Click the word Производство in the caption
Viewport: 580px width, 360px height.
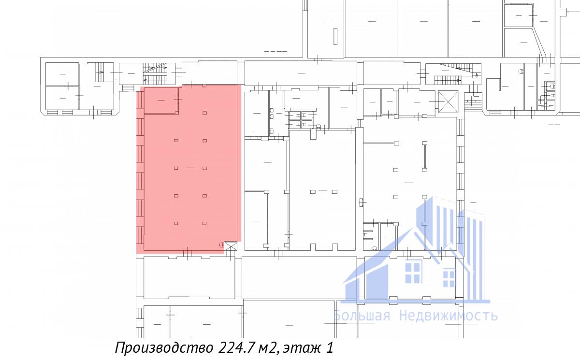click(x=164, y=347)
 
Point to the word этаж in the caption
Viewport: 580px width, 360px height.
click(x=301, y=348)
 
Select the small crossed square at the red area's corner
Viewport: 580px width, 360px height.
click(x=231, y=246)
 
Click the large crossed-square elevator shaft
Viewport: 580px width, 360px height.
click(x=448, y=101)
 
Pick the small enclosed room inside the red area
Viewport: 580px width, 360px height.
click(x=161, y=101)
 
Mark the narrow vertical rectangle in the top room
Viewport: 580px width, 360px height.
click(x=335, y=36)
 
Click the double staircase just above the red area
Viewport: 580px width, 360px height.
click(x=155, y=73)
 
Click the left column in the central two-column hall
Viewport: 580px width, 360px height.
click(x=313, y=192)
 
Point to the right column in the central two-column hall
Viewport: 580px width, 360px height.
click(x=334, y=192)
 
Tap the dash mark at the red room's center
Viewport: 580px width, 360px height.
click(x=191, y=168)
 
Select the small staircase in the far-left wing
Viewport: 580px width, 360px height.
click(x=100, y=72)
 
